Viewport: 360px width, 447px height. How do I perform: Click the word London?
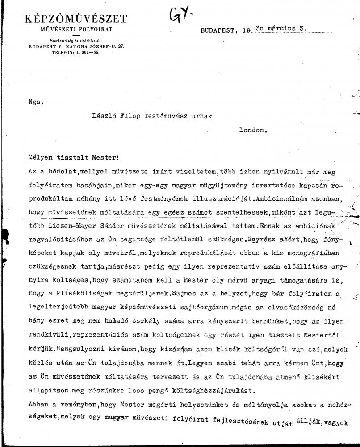click(253, 131)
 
